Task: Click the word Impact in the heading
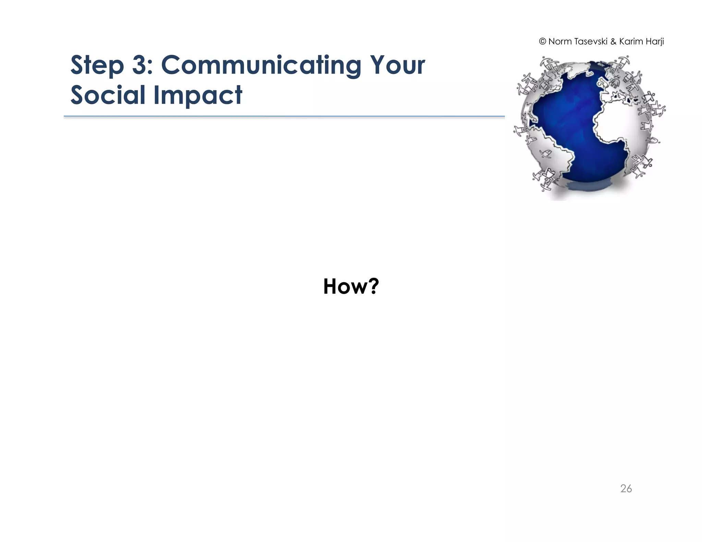click(x=198, y=95)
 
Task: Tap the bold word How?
click(x=351, y=286)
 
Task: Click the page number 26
click(x=626, y=489)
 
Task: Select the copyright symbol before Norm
click(x=542, y=41)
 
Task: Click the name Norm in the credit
click(x=560, y=41)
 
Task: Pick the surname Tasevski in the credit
click(x=591, y=41)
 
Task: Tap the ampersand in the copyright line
click(x=613, y=42)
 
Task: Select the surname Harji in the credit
click(x=654, y=41)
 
